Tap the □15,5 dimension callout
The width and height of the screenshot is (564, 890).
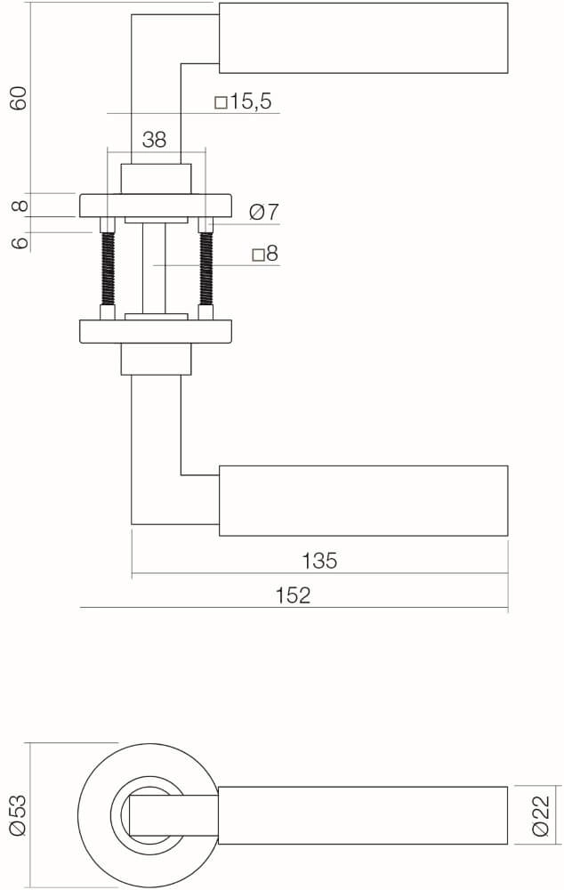(243, 101)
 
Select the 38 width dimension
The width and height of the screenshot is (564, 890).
(155, 139)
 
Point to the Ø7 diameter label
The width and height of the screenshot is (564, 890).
(264, 212)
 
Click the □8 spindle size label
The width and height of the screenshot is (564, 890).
(265, 255)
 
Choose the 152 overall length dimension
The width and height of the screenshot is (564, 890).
(293, 595)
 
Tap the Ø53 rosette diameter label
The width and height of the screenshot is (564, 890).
(19, 814)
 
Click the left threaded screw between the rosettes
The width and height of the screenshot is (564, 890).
(108, 267)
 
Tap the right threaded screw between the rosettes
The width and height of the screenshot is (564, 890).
(206, 267)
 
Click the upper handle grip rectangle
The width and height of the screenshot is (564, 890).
(363, 38)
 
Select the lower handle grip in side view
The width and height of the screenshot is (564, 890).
(363, 500)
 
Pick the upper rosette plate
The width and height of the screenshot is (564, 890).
(156, 206)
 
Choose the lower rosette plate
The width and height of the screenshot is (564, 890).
(156, 331)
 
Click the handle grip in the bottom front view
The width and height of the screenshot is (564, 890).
(363, 814)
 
